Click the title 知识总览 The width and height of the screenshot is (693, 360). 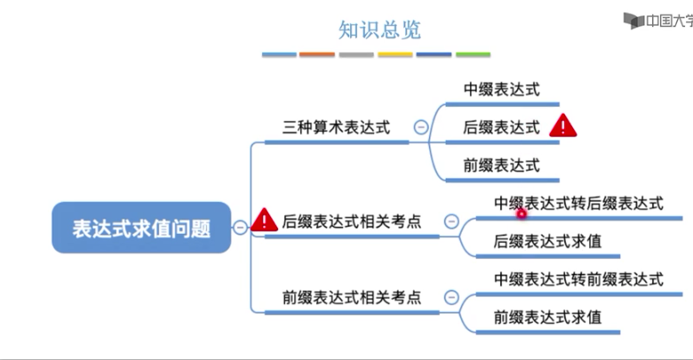pos(379,29)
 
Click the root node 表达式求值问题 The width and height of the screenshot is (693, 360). pos(141,228)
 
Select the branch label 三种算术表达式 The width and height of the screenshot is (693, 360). pos(336,127)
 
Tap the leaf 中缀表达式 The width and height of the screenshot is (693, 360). pos(501,89)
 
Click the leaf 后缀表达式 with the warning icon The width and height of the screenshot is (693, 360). pos(501,127)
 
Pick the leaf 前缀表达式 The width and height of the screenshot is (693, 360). pos(501,165)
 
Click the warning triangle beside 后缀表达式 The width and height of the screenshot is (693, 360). pos(563,126)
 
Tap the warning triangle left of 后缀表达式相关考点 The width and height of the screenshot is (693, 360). pos(264,220)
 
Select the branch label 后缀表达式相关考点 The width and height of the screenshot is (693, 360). pos(351,221)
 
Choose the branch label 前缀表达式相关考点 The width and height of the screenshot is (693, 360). pos(351,297)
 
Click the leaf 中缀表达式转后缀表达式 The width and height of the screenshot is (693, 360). pos(578,204)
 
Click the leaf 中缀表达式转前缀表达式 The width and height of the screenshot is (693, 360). pos(578,279)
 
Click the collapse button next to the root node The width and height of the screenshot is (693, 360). pos(240,228)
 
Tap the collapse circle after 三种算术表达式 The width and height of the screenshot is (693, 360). pos(421,127)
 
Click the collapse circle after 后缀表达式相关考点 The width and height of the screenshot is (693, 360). pos(451,221)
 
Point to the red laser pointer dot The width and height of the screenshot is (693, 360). pos(522,212)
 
